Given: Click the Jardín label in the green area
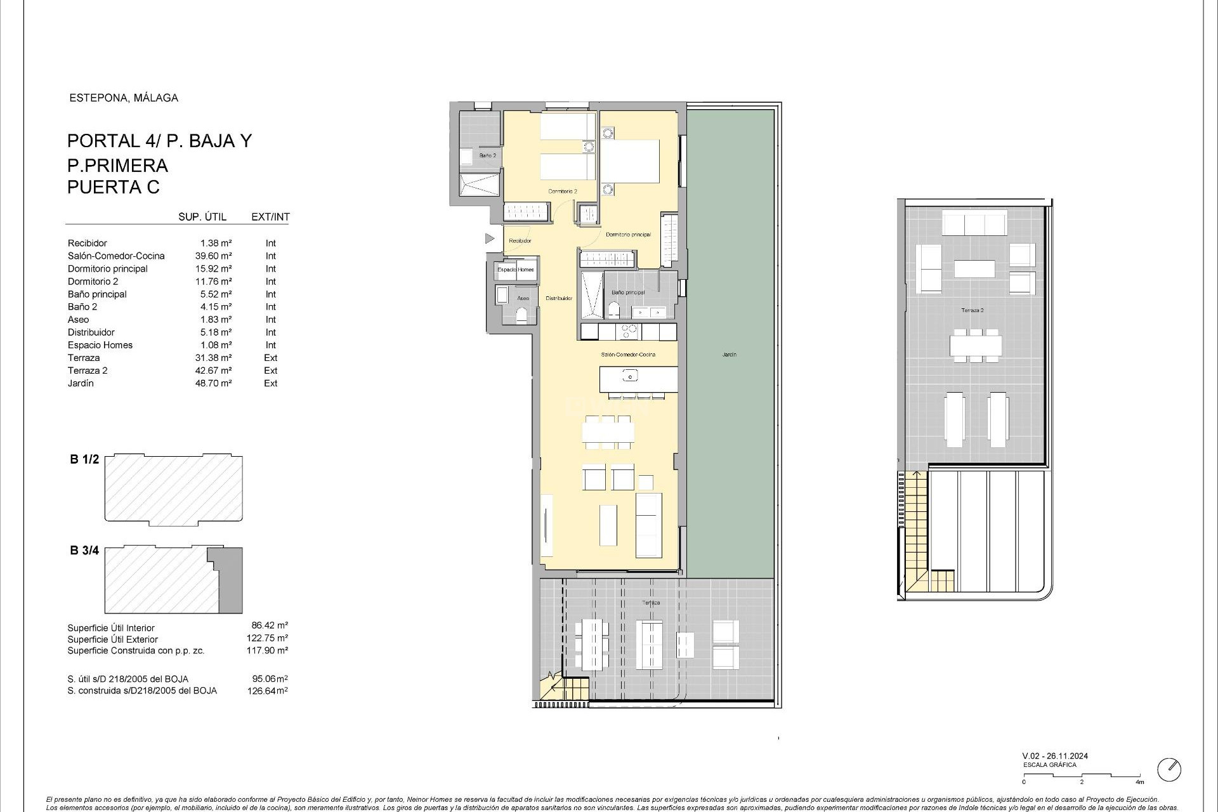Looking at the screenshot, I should pos(729,355).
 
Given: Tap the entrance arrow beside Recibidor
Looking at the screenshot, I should pos(489,239).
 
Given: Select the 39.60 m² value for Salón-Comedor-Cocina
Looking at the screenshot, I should pos(213,256).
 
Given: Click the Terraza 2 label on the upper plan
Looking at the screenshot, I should pos(972,310).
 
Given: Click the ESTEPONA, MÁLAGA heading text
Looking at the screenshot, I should pos(123,98).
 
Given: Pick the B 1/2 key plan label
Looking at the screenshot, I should pos(84,459).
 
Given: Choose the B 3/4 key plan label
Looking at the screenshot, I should pos(84,550).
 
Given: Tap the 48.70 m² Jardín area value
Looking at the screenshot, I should pos(213,383).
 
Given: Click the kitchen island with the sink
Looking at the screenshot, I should pos(631,379).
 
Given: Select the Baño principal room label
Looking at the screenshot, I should pos(627,292).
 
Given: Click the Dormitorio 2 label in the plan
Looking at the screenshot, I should pos(562,191).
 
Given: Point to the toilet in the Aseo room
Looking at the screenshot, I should pos(523,315).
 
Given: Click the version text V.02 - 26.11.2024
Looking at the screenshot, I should pos(1054,756).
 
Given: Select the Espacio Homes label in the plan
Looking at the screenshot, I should pos(515,270).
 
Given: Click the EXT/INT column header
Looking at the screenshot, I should pos(270,217).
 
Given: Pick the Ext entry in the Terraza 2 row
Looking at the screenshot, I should pos(270,370).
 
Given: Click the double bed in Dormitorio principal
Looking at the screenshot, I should pos(629,161).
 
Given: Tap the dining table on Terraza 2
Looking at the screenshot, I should pos(975,346).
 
